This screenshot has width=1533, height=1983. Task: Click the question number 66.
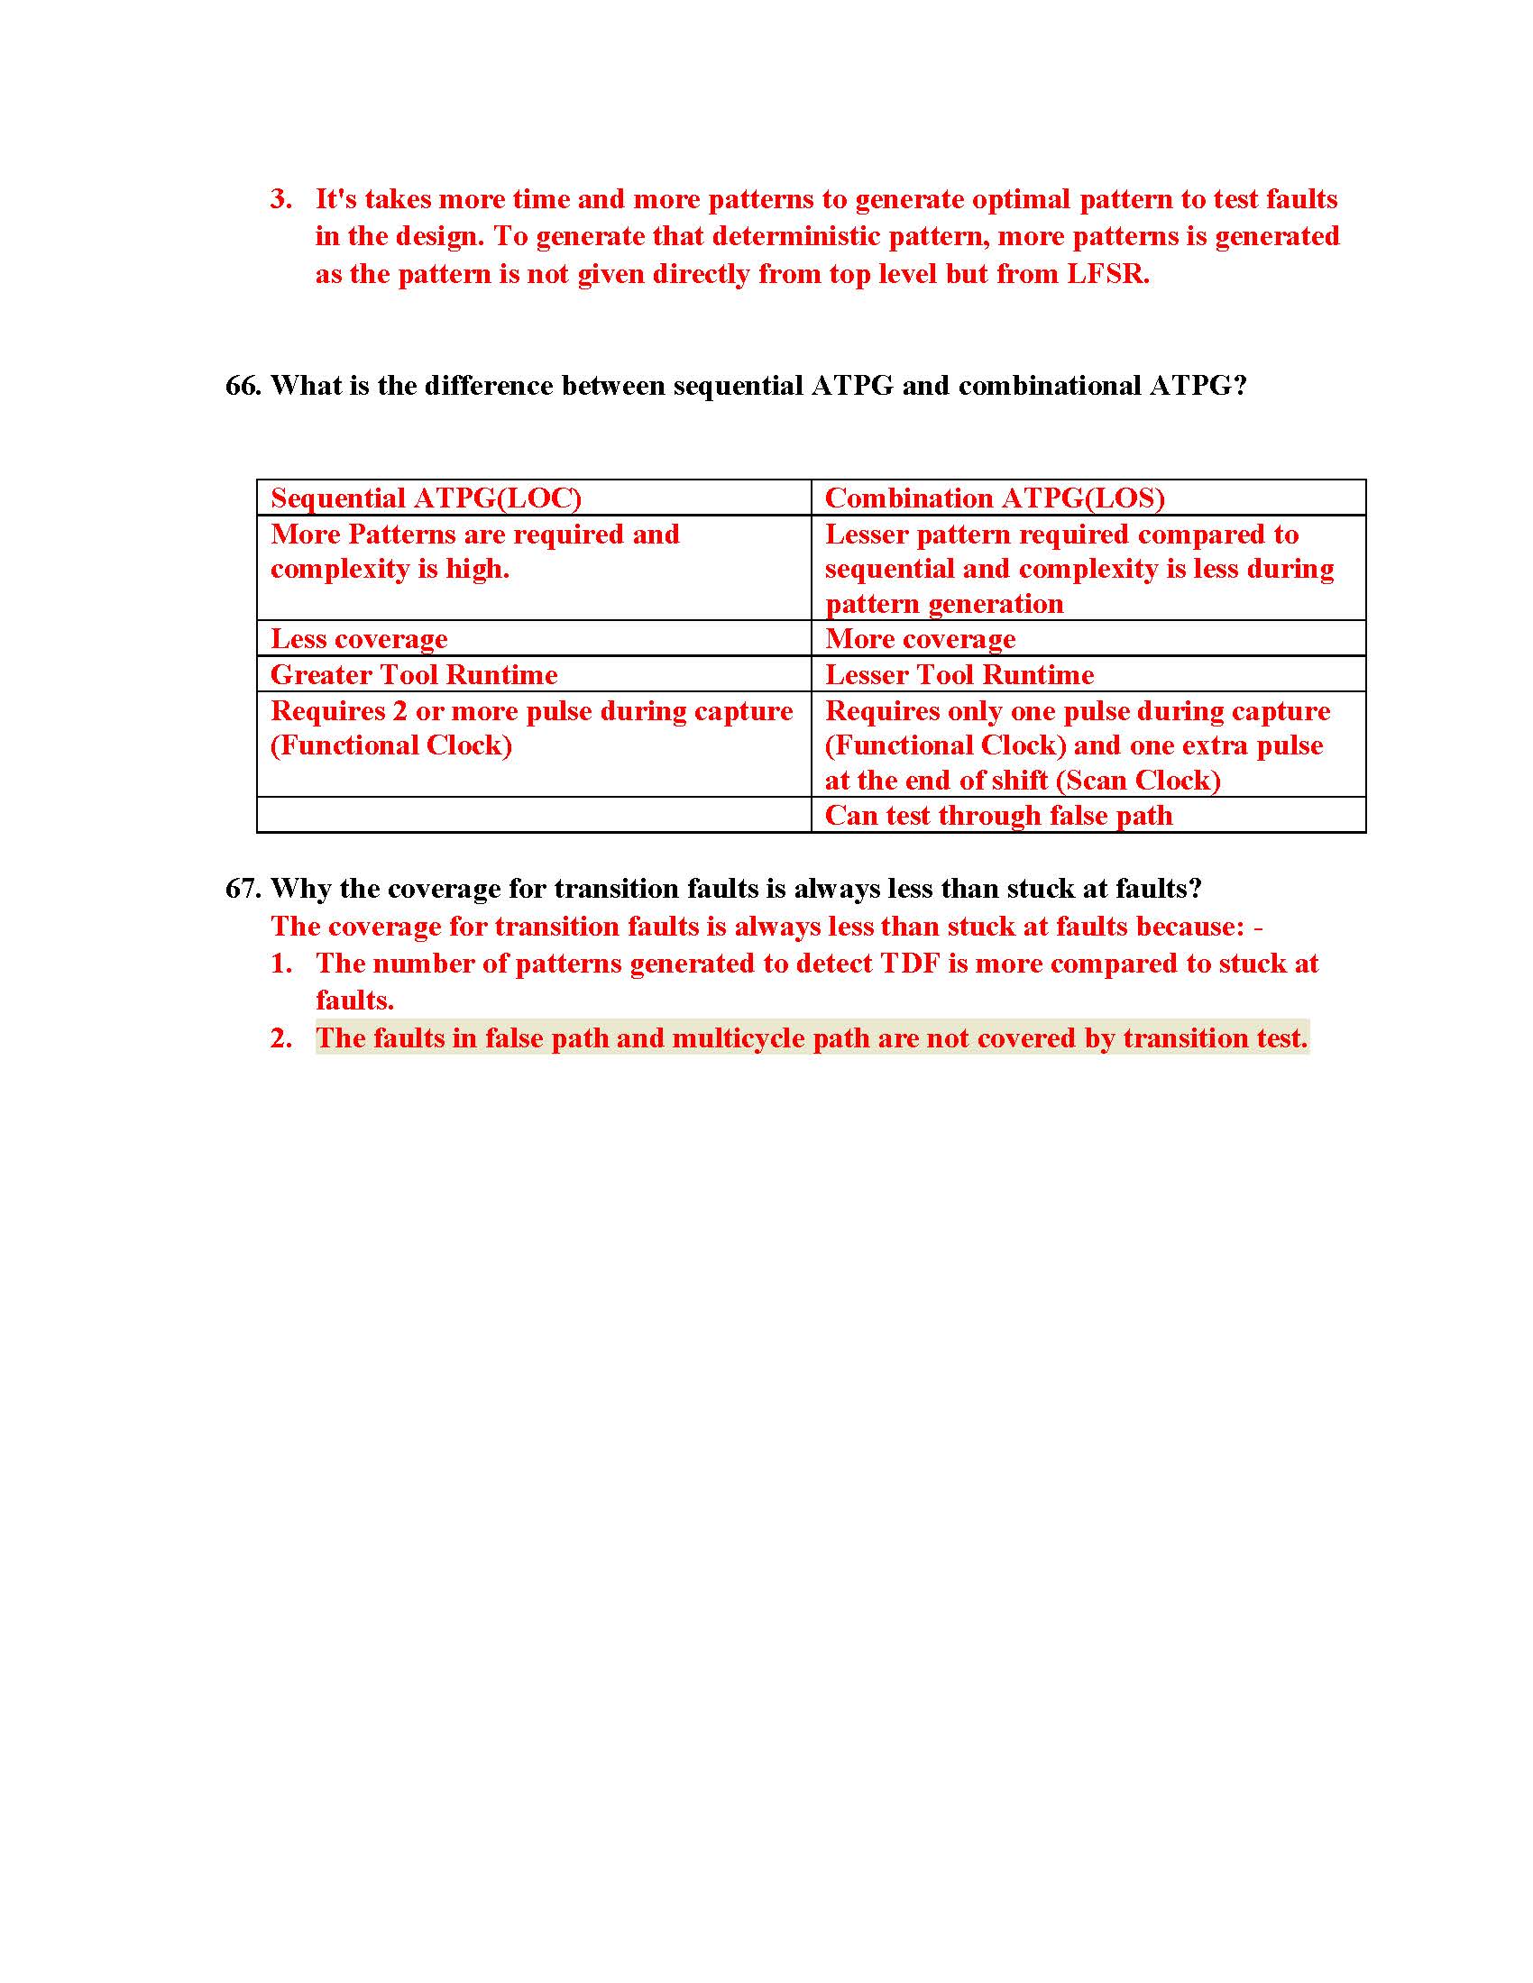(x=243, y=386)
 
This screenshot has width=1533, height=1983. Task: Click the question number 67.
(x=243, y=888)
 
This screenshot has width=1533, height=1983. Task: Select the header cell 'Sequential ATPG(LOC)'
(x=426, y=498)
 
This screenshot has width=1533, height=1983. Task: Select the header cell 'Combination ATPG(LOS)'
(x=995, y=498)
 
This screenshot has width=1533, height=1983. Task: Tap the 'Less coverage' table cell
(x=359, y=639)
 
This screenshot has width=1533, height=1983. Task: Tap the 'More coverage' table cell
(x=920, y=639)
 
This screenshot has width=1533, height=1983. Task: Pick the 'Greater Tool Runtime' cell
(x=414, y=674)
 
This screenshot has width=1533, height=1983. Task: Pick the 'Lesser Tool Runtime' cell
(x=959, y=674)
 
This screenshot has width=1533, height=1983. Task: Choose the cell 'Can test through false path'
(x=999, y=816)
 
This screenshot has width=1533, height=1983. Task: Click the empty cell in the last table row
(x=534, y=816)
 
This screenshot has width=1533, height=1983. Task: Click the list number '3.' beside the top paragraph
(x=280, y=200)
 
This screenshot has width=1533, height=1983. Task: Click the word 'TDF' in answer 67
(x=910, y=964)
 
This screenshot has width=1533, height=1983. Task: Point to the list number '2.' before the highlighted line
(x=280, y=1037)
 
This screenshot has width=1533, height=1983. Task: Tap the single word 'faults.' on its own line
(x=354, y=1001)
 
